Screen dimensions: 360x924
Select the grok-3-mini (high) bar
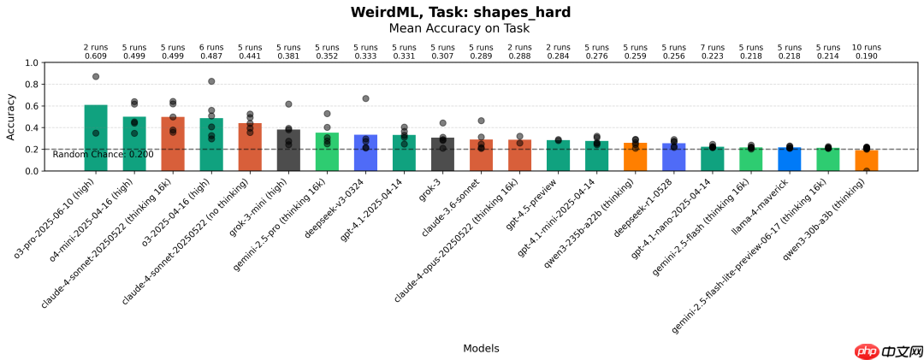click(288, 150)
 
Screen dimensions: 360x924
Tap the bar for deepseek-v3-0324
click(365, 152)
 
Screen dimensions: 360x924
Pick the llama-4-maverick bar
click(789, 159)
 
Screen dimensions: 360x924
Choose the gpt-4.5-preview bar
click(558, 156)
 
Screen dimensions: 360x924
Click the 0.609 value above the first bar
click(96, 56)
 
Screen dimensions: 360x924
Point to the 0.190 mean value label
click(866, 56)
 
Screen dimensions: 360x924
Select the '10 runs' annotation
click(866, 47)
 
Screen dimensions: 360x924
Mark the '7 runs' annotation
click(712, 47)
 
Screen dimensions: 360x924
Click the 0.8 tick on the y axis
click(32, 85)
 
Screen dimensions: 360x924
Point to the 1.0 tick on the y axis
click(32, 63)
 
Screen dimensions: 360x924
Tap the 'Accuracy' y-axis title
click(11, 117)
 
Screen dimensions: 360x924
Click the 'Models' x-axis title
click(481, 348)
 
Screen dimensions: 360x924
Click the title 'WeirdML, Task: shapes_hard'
click(460, 12)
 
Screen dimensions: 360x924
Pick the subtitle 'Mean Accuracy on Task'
click(459, 28)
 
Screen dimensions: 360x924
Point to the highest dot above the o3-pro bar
click(96, 77)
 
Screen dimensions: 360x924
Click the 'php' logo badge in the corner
click(868, 351)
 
